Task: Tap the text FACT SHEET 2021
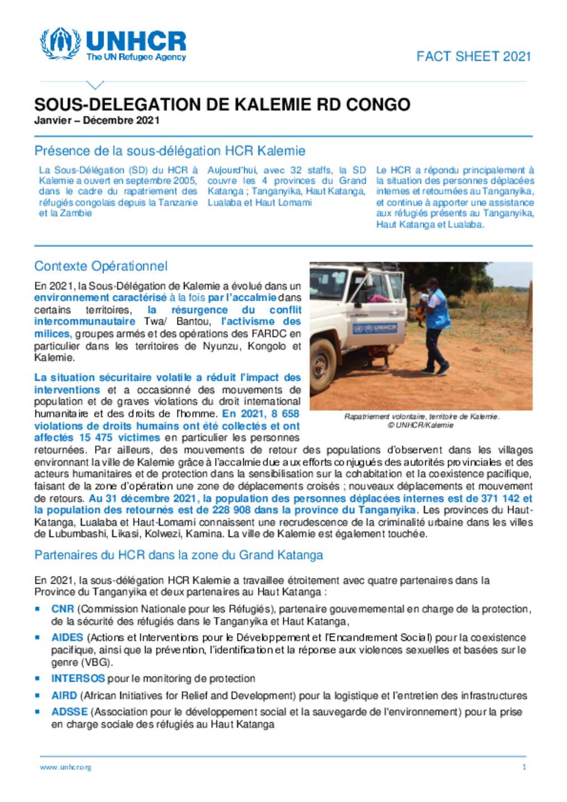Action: (473, 56)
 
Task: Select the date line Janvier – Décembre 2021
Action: (97, 121)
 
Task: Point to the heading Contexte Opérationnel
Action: (101, 266)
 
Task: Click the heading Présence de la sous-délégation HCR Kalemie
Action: (169, 151)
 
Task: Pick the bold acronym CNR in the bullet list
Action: (63, 609)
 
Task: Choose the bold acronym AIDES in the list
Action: (67, 638)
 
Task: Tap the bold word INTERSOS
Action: (78, 679)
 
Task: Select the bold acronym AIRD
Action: (64, 696)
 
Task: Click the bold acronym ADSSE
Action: (69, 712)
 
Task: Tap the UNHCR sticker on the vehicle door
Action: (375, 328)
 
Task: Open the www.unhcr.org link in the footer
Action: (65, 767)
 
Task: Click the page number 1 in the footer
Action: (524, 767)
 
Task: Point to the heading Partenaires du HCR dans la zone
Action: (178, 555)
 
